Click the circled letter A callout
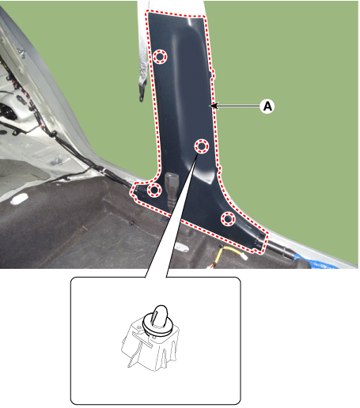(267, 106)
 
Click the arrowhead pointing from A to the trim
(214, 106)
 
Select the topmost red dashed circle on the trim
(160, 56)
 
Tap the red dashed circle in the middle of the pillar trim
(202, 146)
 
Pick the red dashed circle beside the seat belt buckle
(154, 190)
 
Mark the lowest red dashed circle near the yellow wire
(228, 218)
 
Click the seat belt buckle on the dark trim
(170, 188)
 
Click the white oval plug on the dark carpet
(20, 198)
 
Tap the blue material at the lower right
(315, 262)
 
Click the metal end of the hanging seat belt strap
(142, 90)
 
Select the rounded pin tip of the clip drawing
(160, 312)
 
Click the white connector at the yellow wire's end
(244, 256)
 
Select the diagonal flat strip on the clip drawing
(142, 340)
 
